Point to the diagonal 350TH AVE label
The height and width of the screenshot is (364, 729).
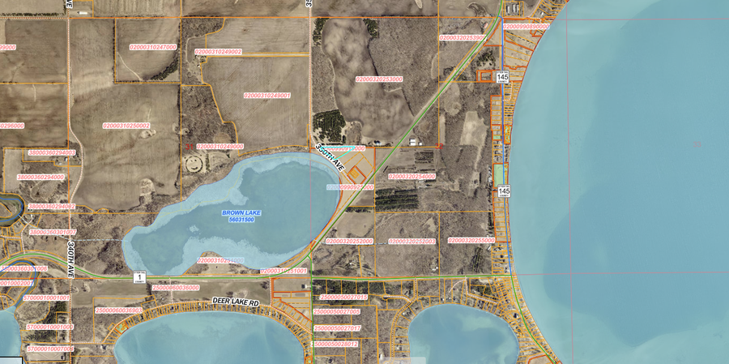(x=331, y=157)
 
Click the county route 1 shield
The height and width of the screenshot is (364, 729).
(x=139, y=277)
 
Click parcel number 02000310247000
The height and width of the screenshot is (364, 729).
(x=146, y=47)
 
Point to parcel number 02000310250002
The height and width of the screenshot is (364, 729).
(x=126, y=126)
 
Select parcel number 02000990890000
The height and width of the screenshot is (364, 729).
(x=526, y=27)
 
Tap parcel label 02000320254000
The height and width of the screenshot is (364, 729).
(x=411, y=176)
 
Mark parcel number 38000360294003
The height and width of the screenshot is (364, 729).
(x=52, y=152)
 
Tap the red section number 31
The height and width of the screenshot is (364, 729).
(x=189, y=146)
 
